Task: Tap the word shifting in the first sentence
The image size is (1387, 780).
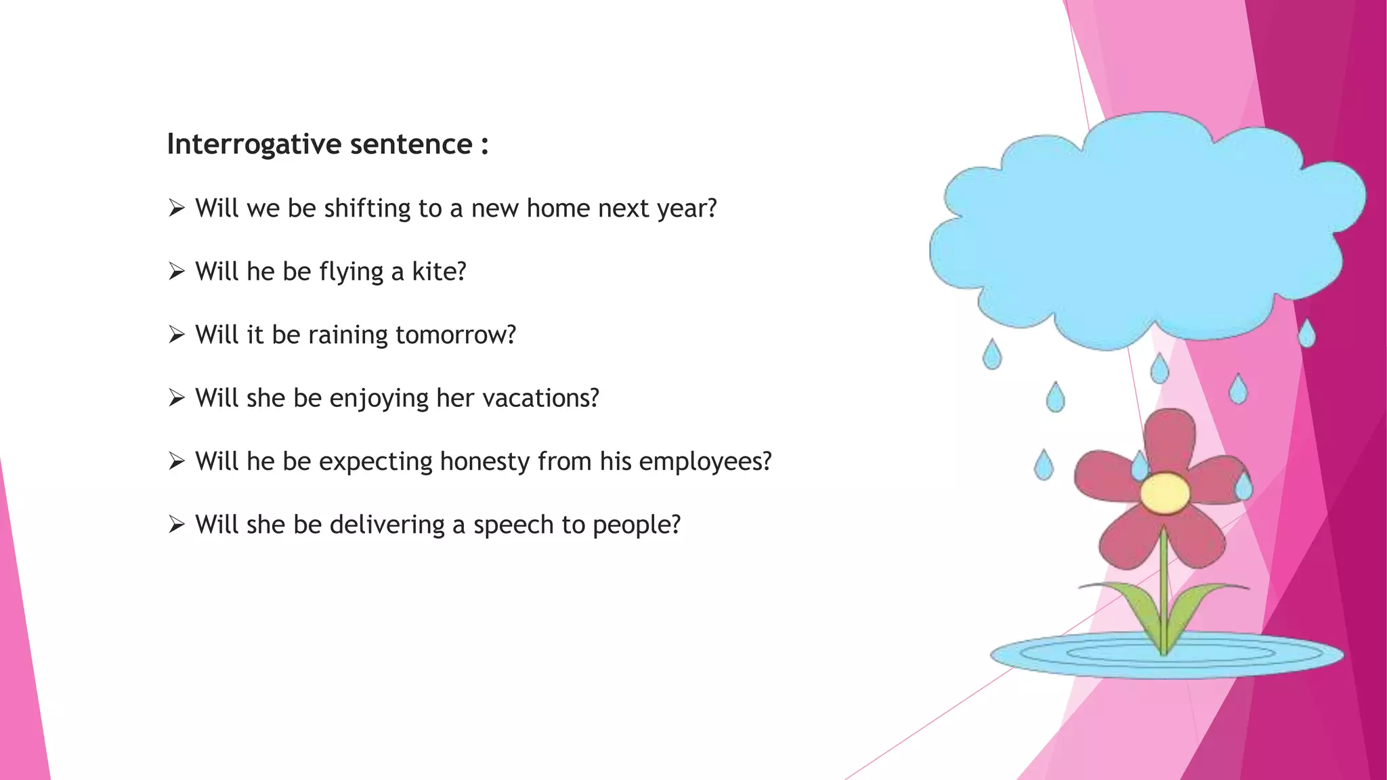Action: (x=367, y=209)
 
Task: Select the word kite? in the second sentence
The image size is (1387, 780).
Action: (x=439, y=272)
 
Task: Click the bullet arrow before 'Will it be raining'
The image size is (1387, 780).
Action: (x=177, y=334)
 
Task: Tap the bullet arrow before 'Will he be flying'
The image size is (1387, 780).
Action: (x=177, y=272)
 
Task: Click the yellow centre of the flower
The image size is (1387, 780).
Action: (x=1164, y=492)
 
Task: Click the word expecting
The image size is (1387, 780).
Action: (x=376, y=462)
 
